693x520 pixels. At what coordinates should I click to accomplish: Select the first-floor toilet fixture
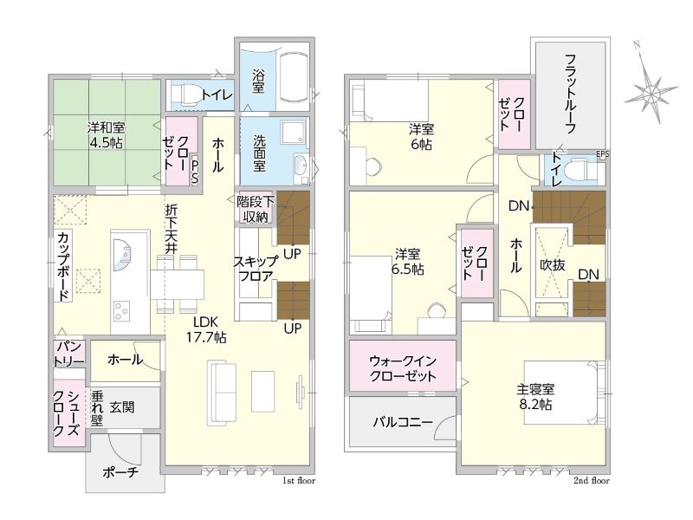point(184,94)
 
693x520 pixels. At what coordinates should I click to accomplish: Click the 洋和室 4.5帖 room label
point(106,135)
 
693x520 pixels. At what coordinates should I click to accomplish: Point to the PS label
point(194,172)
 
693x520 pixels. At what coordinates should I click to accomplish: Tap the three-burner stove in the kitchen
point(121,310)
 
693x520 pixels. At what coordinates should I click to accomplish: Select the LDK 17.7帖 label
point(205,329)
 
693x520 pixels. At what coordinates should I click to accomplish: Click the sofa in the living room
point(222,393)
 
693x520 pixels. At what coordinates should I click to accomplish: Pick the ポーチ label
point(121,472)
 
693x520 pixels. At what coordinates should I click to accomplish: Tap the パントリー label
point(69,354)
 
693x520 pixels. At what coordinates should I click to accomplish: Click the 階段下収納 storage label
point(256,209)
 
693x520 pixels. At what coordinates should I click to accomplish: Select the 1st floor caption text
point(299,481)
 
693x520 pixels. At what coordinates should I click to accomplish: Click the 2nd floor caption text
point(592,481)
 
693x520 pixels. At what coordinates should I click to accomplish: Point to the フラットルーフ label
point(571,94)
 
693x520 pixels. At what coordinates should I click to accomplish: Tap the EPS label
point(602,154)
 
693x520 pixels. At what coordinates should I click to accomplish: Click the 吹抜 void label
point(553,265)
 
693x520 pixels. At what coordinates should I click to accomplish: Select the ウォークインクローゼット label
point(403,367)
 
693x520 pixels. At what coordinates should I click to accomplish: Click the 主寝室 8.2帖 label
point(535,397)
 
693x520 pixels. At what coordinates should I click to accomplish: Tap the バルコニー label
point(403,422)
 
